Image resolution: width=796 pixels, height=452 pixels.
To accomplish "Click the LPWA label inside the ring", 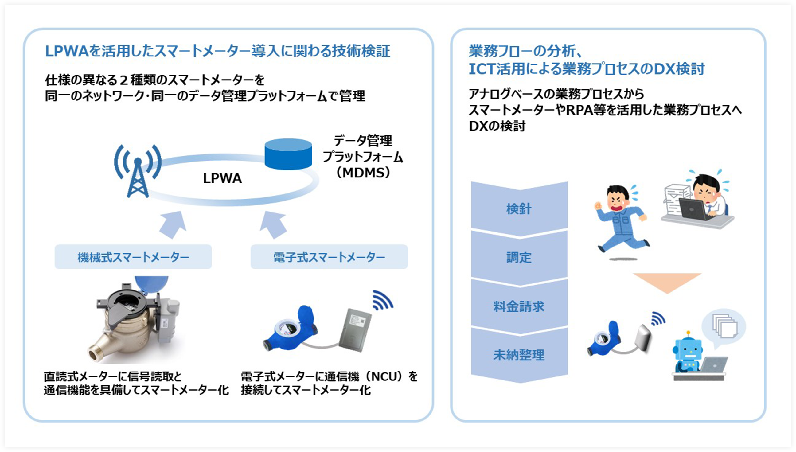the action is tap(222, 178).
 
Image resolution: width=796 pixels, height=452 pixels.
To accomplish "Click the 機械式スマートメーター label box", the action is tap(133, 257).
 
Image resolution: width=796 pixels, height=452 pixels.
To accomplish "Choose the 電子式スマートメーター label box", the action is tap(329, 257).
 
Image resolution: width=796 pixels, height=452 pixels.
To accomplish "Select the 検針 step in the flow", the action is tap(519, 208).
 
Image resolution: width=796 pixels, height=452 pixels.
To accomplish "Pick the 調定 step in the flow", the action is tap(519, 257).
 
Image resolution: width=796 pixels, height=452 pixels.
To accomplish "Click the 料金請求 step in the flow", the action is tap(519, 306).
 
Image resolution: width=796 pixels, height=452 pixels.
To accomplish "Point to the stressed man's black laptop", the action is tap(693, 208).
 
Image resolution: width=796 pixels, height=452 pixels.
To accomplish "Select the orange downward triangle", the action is tap(667, 281).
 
